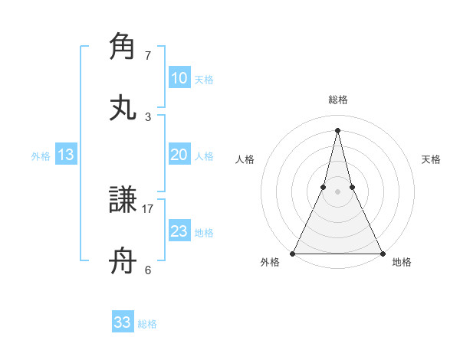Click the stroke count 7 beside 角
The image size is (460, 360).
[148, 56]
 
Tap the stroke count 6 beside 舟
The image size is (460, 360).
[148, 270]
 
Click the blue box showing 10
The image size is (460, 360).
[179, 78]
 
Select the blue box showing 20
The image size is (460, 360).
[179, 155]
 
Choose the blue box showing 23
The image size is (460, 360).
[179, 231]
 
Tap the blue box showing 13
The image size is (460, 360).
[66, 155]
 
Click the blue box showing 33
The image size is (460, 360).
[123, 322]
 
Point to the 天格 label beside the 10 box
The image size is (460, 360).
[204, 79]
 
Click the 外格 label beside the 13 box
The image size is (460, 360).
[41, 155]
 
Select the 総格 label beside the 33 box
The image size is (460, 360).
[147, 323]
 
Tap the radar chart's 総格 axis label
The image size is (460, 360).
[338, 100]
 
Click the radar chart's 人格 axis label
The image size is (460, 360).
[245, 159]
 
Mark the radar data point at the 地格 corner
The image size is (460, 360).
[382, 253]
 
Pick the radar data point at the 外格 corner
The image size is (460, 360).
[294, 253]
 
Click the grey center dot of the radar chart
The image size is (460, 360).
[338, 191]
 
